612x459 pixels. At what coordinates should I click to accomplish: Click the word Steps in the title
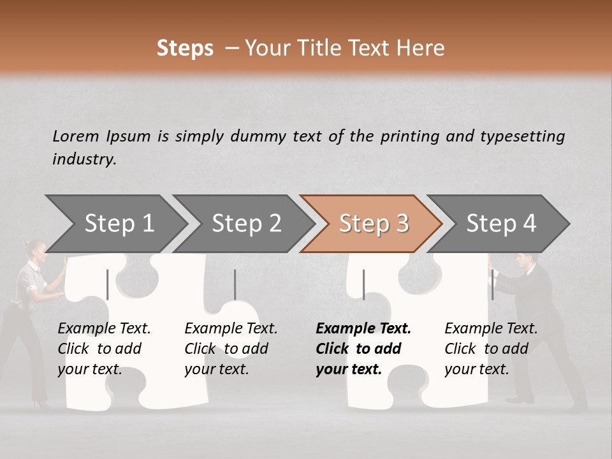click(185, 48)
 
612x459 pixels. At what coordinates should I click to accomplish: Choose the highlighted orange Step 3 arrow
click(374, 224)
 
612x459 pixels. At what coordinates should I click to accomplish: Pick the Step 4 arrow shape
click(501, 224)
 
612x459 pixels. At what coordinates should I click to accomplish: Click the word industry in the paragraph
click(84, 159)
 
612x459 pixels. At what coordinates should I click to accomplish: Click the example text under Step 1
click(104, 349)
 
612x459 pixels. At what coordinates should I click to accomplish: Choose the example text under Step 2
click(231, 349)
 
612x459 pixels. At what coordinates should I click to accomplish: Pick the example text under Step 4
click(491, 349)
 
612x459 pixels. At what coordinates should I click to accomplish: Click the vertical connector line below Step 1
click(108, 284)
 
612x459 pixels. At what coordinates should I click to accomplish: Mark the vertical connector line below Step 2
click(235, 284)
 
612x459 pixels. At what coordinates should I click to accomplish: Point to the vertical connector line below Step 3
click(363, 284)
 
